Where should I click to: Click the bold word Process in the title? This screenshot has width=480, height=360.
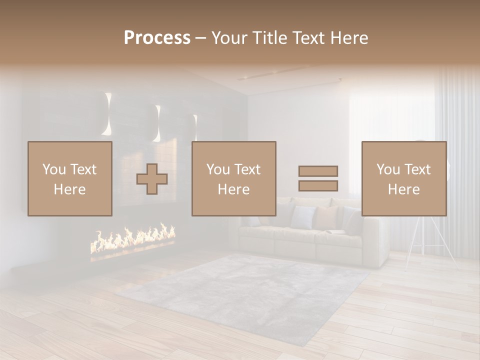pos(157,38)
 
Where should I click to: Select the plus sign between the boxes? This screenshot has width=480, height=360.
pos(152,179)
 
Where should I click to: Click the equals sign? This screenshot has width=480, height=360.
pos(318,178)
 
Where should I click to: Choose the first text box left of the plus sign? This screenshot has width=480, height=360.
pos(69,178)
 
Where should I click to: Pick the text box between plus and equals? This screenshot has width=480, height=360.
pos(233,178)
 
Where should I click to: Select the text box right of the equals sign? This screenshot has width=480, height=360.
pos(403,178)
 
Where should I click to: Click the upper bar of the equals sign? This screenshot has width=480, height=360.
pos(318,171)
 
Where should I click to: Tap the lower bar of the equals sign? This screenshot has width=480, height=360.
pos(318,185)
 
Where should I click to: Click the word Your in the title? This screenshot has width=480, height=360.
pos(227,38)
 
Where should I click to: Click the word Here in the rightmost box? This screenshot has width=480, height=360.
pos(403,189)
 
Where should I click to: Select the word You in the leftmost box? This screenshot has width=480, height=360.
pos(54,169)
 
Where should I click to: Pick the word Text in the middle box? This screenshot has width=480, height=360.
pos(248,169)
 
